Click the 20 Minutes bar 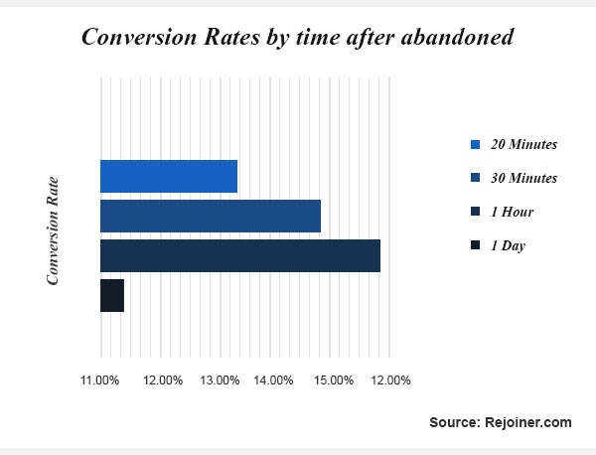coord(169,176)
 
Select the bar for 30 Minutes coord(211,216)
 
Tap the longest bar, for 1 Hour coord(240,255)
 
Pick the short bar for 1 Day coord(112,295)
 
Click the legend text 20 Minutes coord(523,144)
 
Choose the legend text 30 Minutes coord(523,178)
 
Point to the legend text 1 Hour coord(512,212)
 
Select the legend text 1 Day coord(508,245)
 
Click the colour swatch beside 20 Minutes coord(475,144)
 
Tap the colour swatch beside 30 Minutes coord(475,178)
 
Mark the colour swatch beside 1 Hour coord(475,212)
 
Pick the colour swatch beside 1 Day coord(475,245)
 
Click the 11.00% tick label coord(100,379)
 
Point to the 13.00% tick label coord(219,379)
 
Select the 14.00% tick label coord(273,379)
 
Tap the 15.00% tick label coord(334,379)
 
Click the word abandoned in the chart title coord(463,38)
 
